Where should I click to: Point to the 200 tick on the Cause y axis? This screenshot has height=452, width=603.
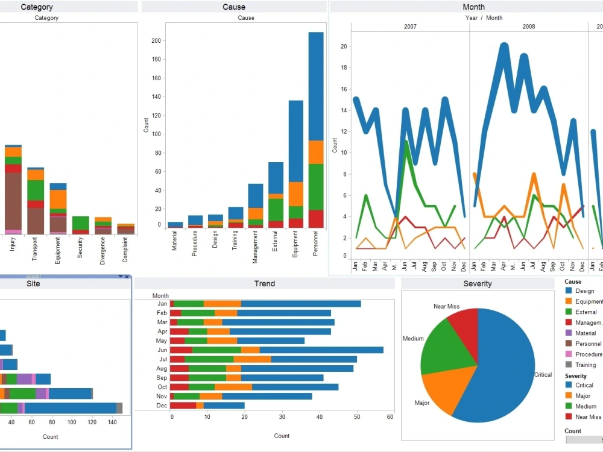156,41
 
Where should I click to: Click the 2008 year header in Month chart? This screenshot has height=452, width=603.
529,27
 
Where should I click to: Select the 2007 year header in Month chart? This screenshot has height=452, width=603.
410,27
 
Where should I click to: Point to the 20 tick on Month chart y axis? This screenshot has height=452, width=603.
343,46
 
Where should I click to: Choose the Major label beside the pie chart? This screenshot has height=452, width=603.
422,403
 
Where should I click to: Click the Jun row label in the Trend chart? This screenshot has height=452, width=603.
162,350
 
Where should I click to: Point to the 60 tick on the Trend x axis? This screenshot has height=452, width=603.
390,417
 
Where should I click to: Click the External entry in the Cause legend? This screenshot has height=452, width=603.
586,312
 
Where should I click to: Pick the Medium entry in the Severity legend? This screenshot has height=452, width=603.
586,406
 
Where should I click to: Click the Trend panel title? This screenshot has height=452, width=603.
264,284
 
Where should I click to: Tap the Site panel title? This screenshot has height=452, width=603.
33,283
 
